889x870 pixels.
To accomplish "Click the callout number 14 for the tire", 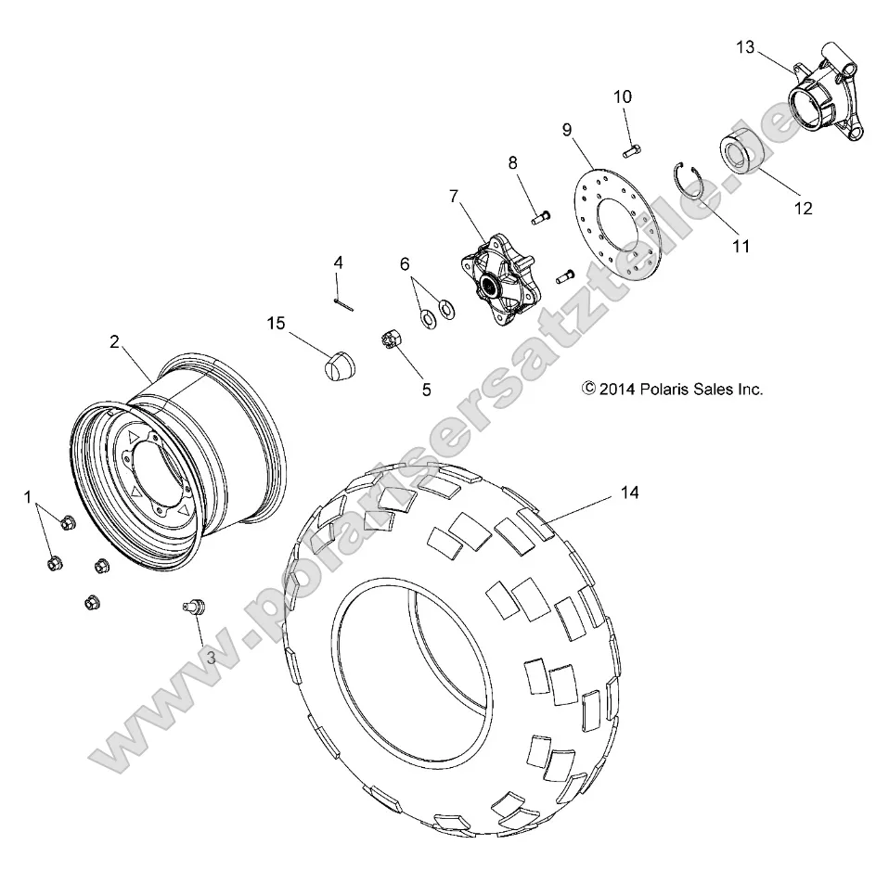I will point(629,494).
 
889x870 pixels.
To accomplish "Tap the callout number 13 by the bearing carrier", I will point(746,46).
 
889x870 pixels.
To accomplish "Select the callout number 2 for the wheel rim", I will point(114,341).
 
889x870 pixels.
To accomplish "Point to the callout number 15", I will point(276,324).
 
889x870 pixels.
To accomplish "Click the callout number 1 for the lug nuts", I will point(29,498).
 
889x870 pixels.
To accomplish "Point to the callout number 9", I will point(566,130).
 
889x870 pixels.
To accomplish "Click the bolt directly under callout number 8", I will point(542,216).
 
